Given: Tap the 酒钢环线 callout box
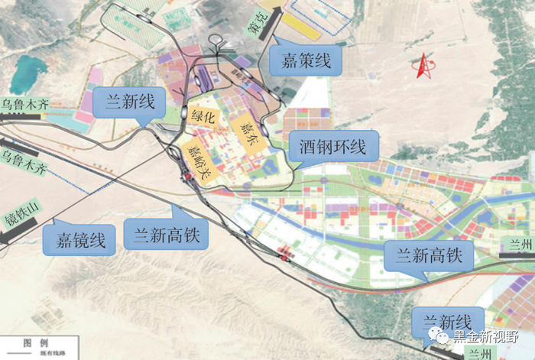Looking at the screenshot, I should point(332,144).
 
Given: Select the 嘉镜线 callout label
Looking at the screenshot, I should point(85,239).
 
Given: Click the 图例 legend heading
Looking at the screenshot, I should point(36,345).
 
